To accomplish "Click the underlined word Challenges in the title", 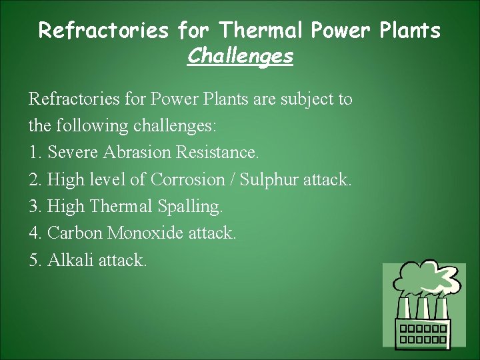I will (x=240, y=56).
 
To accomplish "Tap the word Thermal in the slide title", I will (x=260, y=30).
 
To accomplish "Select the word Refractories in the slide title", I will (x=103, y=30).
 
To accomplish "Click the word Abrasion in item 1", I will (x=137, y=153).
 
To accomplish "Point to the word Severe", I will (x=73, y=153).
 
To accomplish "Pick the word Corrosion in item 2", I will (x=188, y=179).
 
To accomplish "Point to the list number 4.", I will (x=34, y=233).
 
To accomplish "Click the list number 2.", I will (x=34, y=180).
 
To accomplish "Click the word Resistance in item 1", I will (x=217, y=153).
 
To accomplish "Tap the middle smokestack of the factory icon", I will (x=422, y=308).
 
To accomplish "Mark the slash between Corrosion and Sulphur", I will (x=233, y=179).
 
